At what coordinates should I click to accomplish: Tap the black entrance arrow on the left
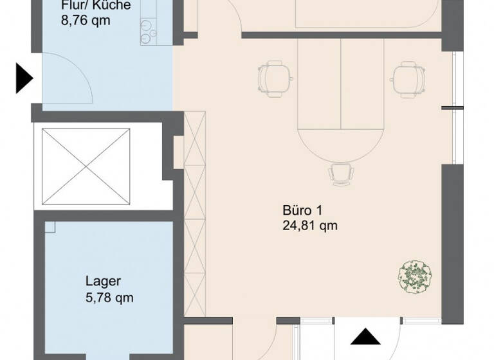pos(23,78)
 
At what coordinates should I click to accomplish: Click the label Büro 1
pos(301,211)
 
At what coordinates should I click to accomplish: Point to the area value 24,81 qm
pos(309,226)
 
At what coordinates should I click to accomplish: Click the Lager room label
pos(104,282)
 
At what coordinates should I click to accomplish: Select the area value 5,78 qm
pos(109,298)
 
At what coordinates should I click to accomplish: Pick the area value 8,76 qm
pos(86,21)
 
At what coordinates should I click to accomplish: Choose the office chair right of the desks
pos(407,78)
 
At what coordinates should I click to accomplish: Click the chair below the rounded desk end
pos(340,174)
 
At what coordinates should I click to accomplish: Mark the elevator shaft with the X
pos(85,166)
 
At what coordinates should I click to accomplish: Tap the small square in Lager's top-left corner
pos(50,227)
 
